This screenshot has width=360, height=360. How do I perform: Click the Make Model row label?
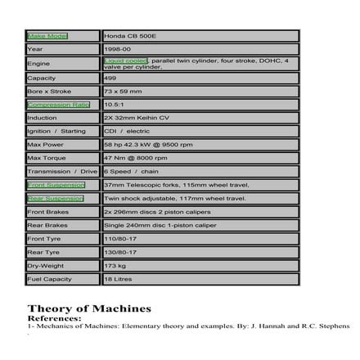[47, 36]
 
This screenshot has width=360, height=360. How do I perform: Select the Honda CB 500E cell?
[127, 36]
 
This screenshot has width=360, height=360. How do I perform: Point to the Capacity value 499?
[110, 78]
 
